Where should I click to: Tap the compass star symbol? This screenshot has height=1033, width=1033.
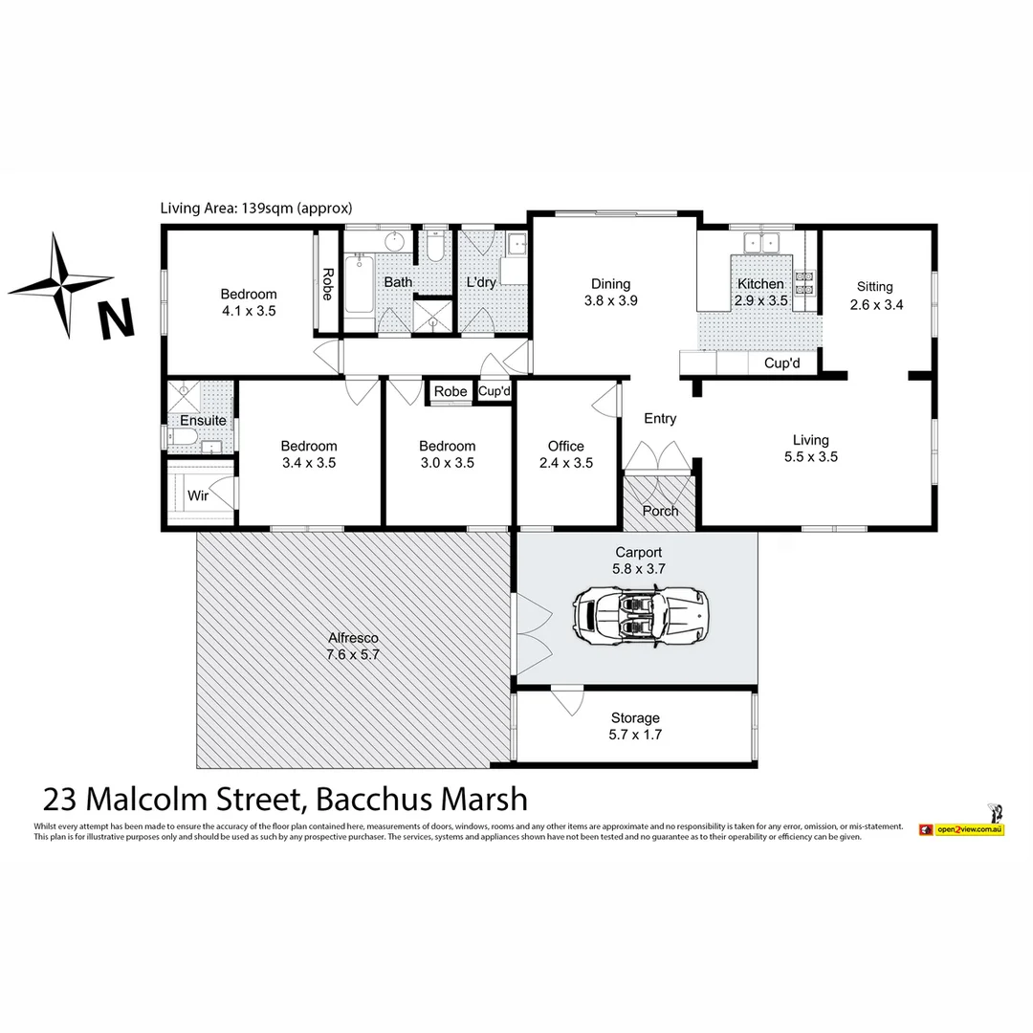point(60,285)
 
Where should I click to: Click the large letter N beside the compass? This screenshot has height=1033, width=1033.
point(116,319)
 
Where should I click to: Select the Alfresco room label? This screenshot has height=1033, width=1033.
point(354,647)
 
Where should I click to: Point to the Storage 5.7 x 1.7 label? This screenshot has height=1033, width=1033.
point(635,726)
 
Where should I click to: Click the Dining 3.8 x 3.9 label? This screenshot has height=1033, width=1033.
point(610,292)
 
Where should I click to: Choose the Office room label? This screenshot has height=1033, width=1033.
point(565,454)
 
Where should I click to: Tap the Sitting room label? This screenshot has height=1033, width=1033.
point(874,296)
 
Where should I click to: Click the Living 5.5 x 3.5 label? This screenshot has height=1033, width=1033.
point(810,448)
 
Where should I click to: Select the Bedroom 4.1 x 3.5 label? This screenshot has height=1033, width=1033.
point(249,302)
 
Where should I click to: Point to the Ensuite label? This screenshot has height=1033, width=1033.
point(203,421)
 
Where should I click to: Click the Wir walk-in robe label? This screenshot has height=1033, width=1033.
point(198,496)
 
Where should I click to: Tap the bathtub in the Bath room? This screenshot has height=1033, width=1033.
point(359,284)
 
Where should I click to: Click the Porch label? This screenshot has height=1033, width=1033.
point(660,511)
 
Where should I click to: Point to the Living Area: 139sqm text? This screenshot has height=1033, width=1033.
point(257,208)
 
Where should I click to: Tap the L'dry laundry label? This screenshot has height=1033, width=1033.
point(481,283)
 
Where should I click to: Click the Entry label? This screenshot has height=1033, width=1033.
point(660,419)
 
